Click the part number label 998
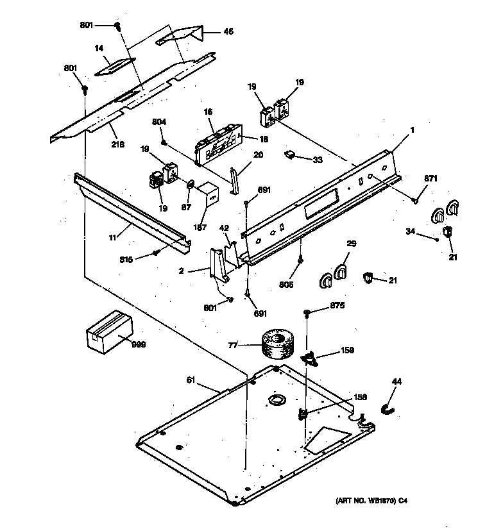point(139,344)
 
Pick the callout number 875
point(337,305)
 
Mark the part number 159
point(346,351)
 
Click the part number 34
point(411,231)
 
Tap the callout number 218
point(118,144)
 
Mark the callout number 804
point(159,122)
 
